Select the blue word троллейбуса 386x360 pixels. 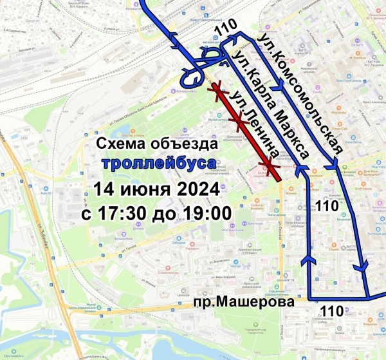pyautogui.click(x=158, y=164)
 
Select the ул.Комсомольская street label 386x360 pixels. pyautogui.click(x=301, y=93)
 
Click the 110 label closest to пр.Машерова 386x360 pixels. pyautogui.click(x=332, y=312)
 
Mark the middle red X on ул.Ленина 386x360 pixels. pyautogui.click(x=239, y=120)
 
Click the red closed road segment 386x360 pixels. pyautogui.click(x=248, y=135)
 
